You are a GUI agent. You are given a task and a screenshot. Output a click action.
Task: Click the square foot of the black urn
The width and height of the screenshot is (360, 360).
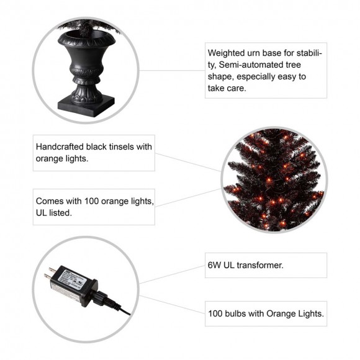point(86,106)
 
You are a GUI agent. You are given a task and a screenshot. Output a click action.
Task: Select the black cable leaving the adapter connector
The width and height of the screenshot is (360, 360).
point(121,308)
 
